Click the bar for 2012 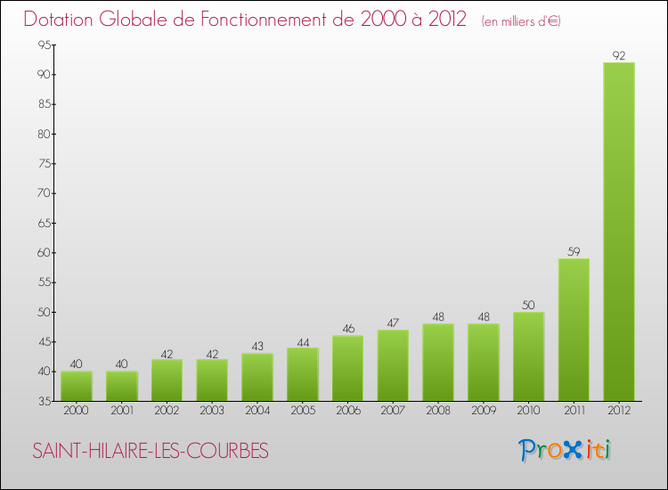[619, 232]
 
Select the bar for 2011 [574, 330]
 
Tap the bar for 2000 [77, 386]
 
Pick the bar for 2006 [347, 368]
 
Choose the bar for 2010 [528, 356]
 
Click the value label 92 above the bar [619, 56]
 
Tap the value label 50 [528, 306]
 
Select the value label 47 [393, 323]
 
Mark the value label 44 [302, 341]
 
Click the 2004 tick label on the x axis [257, 411]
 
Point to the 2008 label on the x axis [438, 411]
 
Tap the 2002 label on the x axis [167, 411]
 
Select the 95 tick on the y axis [42, 45]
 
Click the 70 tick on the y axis [42, 193]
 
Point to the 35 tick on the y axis [42, 402]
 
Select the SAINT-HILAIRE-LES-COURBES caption [150, 452]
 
